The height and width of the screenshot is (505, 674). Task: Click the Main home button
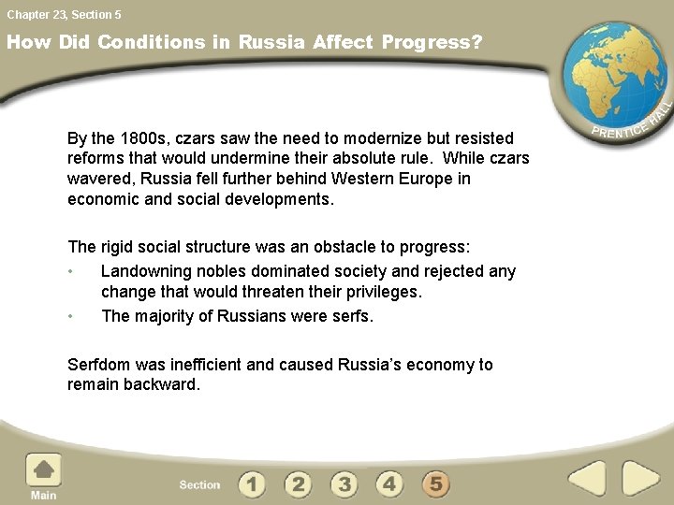click(x=43, y=471)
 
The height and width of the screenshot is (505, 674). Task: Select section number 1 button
click(x=252, y=483)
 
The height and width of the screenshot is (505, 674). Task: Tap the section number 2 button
click(x=298, y=483)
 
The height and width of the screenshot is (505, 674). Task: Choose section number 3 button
click(x=344, y=483)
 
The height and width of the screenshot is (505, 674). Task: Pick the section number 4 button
click(x=389, y=483)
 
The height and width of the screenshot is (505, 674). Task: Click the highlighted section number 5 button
click(x=435, y=483)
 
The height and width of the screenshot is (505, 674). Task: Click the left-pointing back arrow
click(x=588, y=479)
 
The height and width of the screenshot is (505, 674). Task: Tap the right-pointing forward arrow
click(x=641, y=479)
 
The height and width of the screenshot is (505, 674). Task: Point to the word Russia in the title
click(x=272, y=42)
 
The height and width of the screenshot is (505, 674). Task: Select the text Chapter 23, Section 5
click(x=64, y=14)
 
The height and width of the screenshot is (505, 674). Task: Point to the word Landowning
click(x=145, y=271)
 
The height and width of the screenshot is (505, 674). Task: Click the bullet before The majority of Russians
click(x=70, y=316)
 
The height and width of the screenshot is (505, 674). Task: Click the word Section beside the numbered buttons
click(x=199, y=484)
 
